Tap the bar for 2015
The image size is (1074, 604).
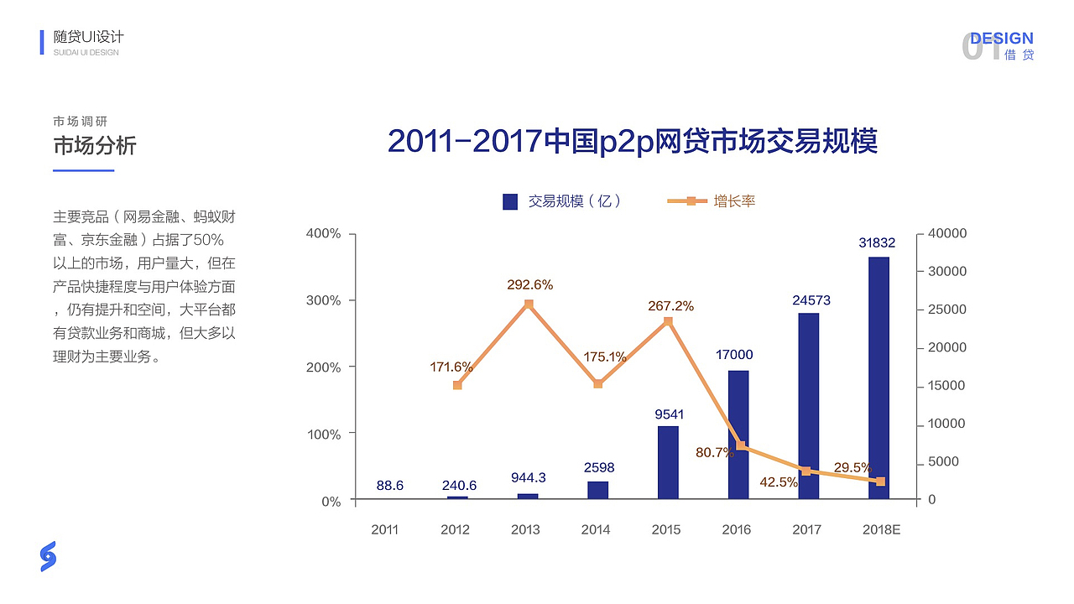click(668, 462)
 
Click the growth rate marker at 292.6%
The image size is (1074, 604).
click(529, 304)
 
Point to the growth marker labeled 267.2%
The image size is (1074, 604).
click(669, 321)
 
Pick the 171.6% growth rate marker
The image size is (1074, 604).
click(457, 385)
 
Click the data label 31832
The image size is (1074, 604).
click(877, 243)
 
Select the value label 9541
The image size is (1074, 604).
click(669, 414)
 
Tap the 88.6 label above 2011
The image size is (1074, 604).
click(390, 485)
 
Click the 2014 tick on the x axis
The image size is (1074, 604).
click(596, 530)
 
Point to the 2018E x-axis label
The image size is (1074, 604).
click(881, 530)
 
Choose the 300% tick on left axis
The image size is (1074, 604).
click(324, 300)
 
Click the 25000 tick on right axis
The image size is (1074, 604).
click(945, 310)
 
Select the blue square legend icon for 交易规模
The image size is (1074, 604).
click(510, 201)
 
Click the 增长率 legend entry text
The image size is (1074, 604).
click(734, 201)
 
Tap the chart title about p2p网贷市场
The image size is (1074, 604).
click(633, 141)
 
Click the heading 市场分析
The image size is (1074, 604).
click(94, 146)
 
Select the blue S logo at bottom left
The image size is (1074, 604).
click(48, 556)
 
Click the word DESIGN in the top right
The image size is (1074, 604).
click(1002, 39)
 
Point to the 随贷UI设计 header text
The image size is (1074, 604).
click(88, 37)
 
